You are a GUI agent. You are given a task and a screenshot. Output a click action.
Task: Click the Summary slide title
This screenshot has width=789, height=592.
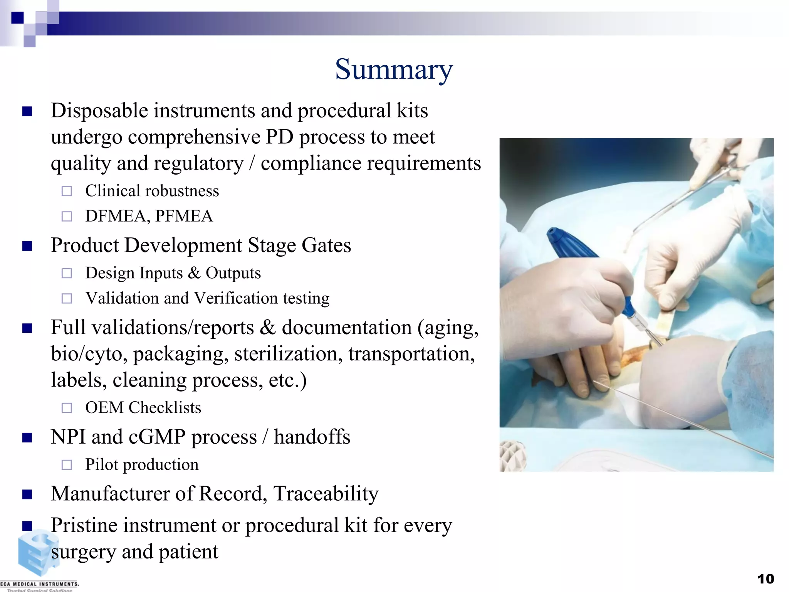[394, 70]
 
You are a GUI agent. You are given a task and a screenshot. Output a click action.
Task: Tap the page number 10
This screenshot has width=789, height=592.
[765, 579]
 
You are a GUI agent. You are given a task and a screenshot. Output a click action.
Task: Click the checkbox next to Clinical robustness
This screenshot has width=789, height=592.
[67, 191]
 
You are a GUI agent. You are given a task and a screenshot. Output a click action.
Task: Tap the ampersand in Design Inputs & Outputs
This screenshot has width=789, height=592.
[194, 273]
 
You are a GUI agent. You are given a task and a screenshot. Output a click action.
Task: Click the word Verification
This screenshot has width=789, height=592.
[235, 298]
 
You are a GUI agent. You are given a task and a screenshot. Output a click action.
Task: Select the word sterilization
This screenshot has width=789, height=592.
[288, 354]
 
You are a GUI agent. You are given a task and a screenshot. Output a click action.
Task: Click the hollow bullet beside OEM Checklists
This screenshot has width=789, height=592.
[67, 408]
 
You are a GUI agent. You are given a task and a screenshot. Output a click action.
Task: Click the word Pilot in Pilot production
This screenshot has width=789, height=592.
[101, 465]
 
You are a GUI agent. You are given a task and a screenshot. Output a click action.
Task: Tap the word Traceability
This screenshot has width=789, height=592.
[326, 494]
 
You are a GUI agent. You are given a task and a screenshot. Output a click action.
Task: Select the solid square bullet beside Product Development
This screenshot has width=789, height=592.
[27, 246]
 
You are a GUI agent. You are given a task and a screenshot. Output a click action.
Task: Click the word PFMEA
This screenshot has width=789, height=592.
[184, 216]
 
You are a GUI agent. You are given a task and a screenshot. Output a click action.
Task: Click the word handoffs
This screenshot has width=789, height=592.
[312, 437]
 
